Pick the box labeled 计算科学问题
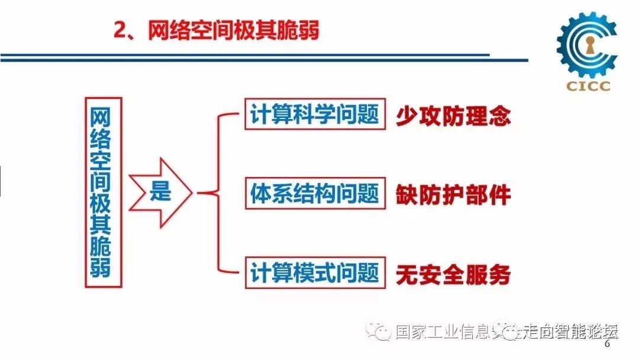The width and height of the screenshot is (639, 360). (x=315, y=113)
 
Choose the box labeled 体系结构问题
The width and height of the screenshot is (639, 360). (x=315, y=193)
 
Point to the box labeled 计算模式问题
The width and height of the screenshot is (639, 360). (x=315, y=273)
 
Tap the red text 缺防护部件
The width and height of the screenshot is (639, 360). (x=453, y=195)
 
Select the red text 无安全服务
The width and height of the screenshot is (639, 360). (x=453, y=274)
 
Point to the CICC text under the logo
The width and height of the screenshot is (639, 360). (x=587, y=86)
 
